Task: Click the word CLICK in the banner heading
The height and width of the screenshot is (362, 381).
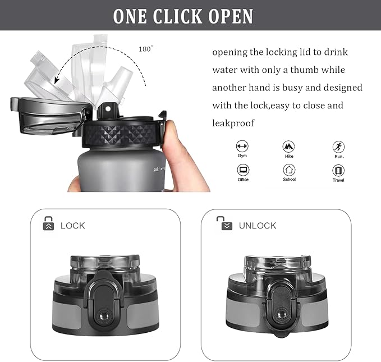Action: (x=178, y=16)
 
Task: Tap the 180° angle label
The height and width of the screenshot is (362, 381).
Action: (x=146, y=49)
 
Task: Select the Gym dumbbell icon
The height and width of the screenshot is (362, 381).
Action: (x=242, y=146)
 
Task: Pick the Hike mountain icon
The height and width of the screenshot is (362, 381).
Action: (x=288, y=146)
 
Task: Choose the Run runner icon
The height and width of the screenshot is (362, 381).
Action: (x=338, y=147)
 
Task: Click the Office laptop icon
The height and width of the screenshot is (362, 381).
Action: (x=243, y=169)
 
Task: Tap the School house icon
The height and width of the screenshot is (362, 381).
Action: (x=289, y=169)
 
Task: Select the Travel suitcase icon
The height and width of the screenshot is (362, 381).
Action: (x=338, y=171)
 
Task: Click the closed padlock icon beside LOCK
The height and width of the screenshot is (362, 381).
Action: (x=48, y=223)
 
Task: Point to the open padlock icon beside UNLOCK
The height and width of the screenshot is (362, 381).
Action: (x=225, y=223)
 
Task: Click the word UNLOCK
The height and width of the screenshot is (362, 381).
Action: (x=258, y=226)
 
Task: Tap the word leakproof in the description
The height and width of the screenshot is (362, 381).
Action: (x=233, y=123)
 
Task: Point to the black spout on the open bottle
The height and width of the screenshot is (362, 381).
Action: (x=107, y=111)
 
